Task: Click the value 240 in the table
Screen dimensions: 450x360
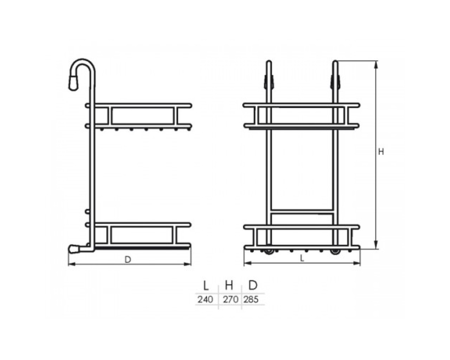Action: pos(205,300)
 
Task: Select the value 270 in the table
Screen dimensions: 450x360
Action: pos(231,300)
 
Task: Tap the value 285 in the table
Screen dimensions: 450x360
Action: pos(251,300)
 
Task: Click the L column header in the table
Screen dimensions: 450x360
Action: pos(206,285)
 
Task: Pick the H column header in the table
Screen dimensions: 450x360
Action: pos(229,285)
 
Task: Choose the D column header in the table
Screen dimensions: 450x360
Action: pos(253,285)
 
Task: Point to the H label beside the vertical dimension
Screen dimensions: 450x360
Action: pos(381,152)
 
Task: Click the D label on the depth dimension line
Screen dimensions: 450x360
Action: pos(128,260)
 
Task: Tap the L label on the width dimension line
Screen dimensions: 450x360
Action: pos(302,259)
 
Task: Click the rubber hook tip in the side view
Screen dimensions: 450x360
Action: pos(73,83)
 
